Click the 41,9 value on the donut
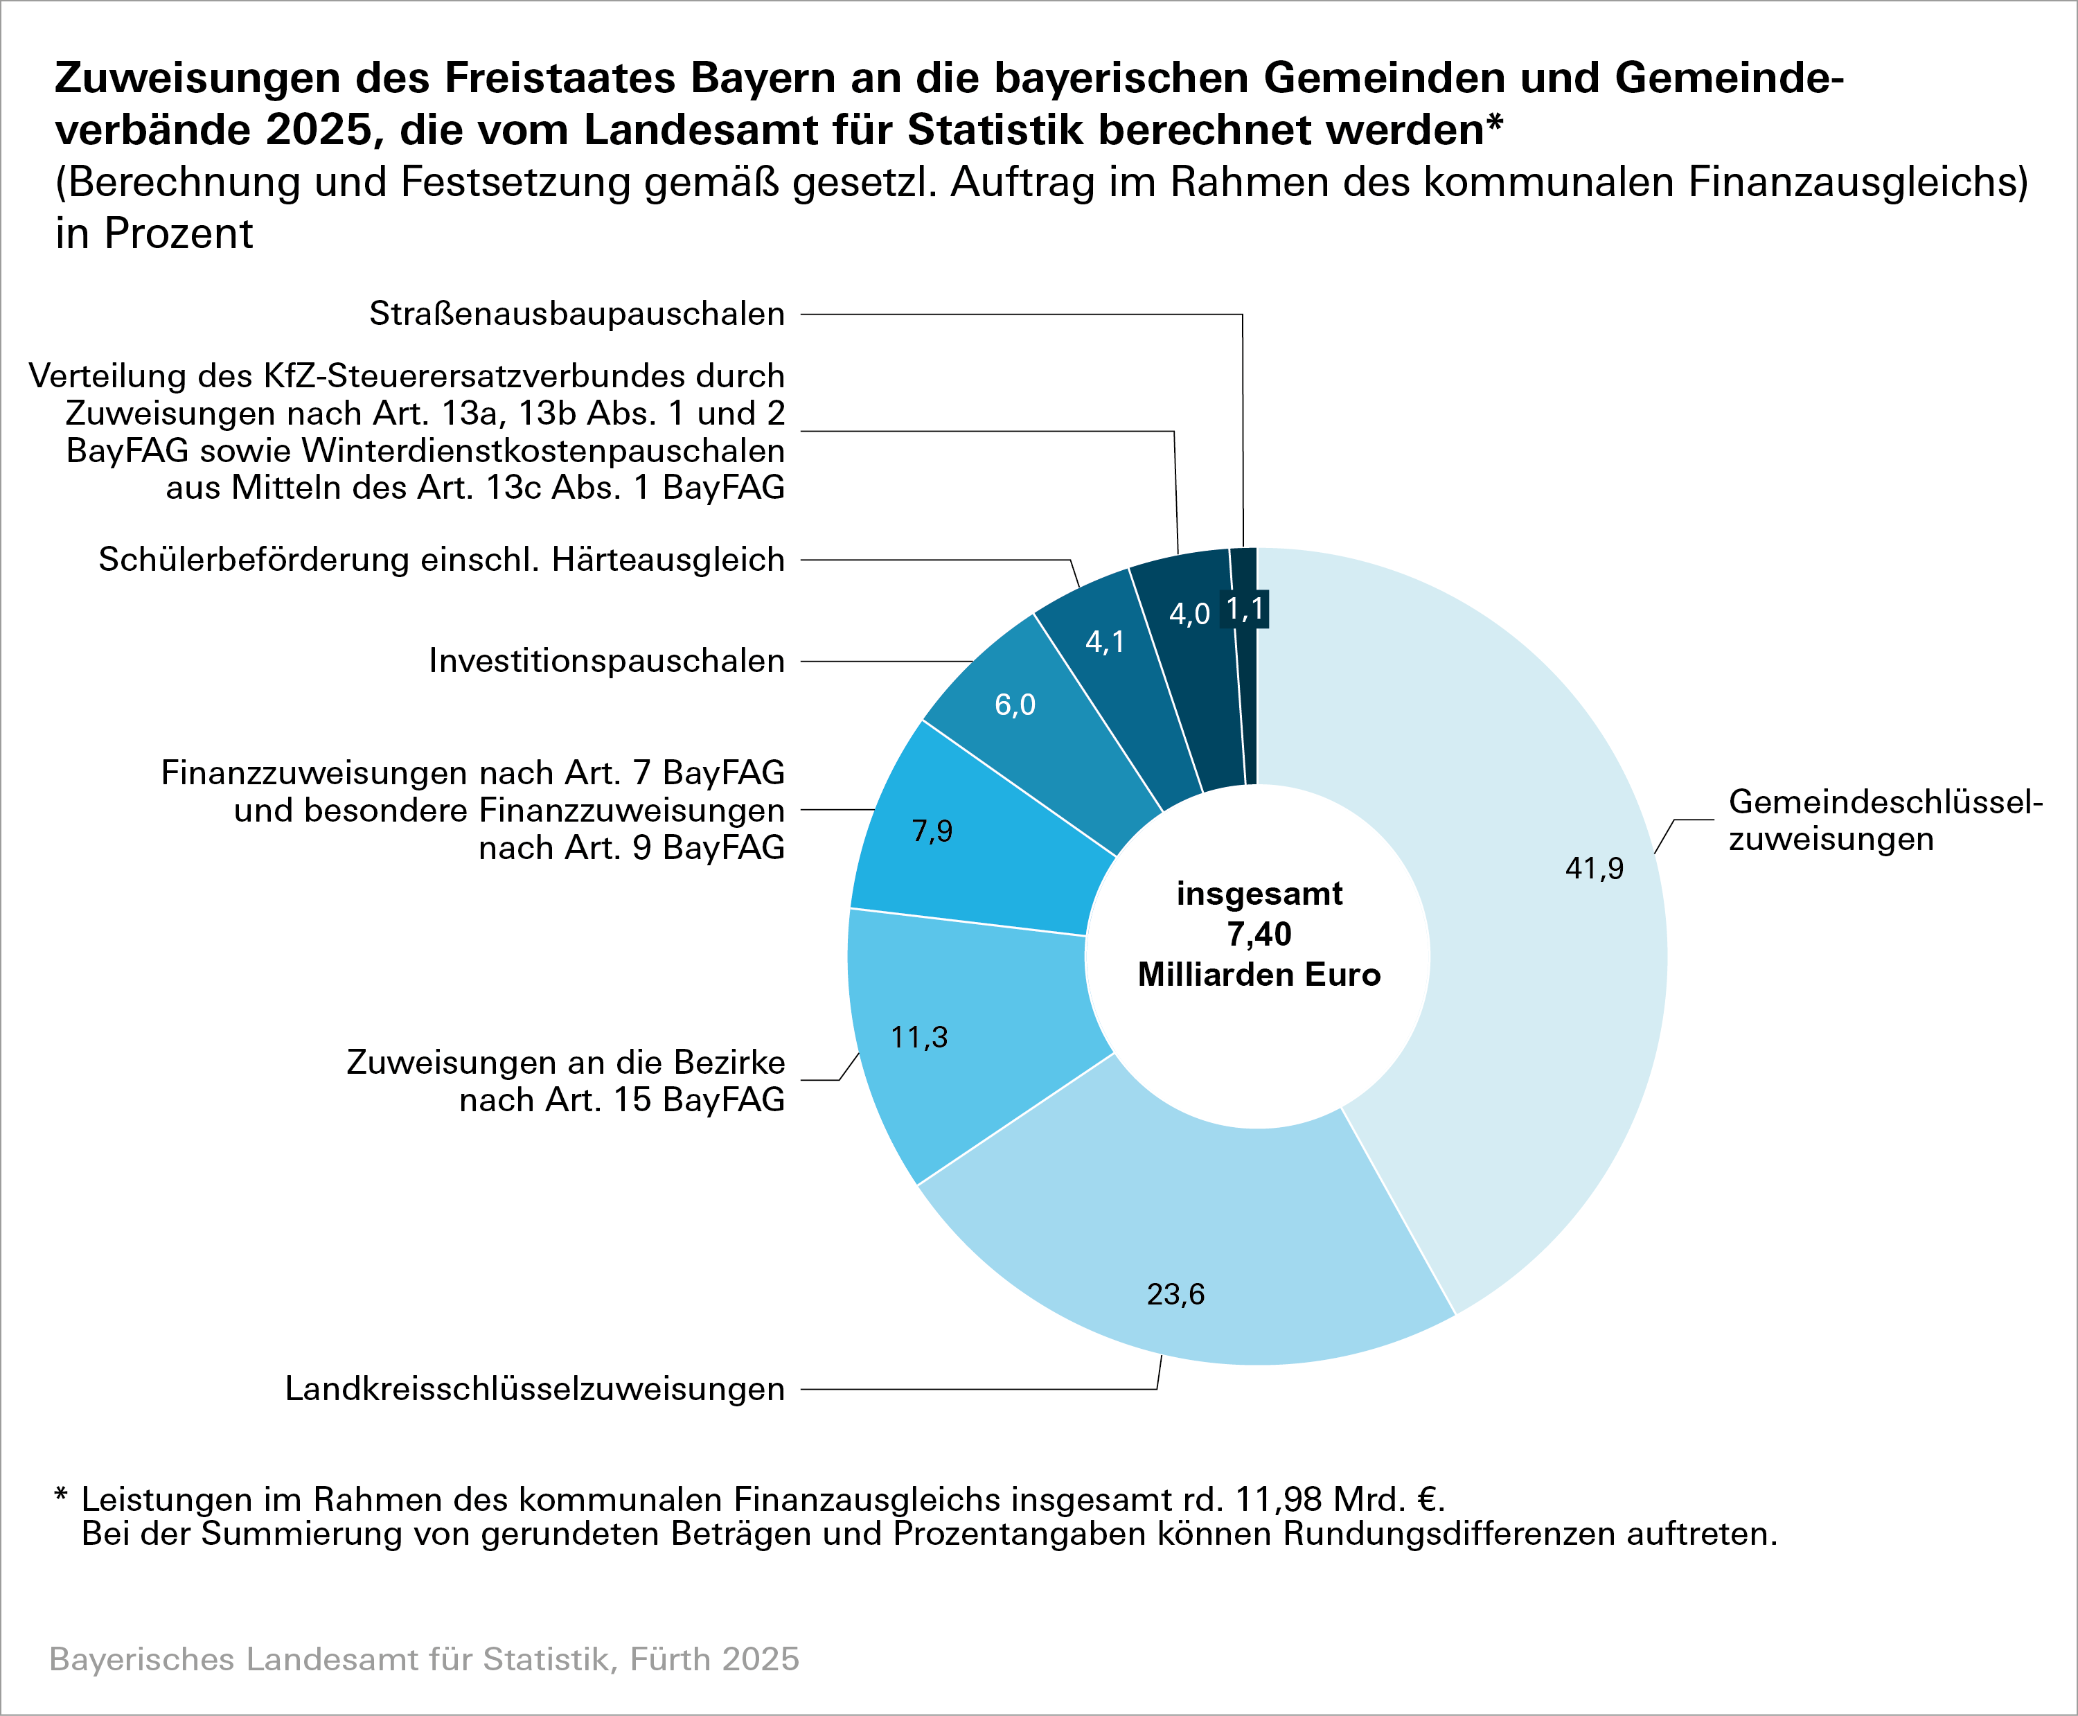1594,868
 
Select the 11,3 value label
919,1037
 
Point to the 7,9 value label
932,831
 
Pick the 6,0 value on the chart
1015,705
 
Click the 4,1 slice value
1105,642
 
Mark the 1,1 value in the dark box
1245,609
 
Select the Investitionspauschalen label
607,660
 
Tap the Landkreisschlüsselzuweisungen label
535,1389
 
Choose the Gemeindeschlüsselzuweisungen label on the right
1884,820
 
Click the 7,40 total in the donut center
1259,934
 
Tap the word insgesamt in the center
1259,894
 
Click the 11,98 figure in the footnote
1279,1500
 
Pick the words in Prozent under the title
154,234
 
